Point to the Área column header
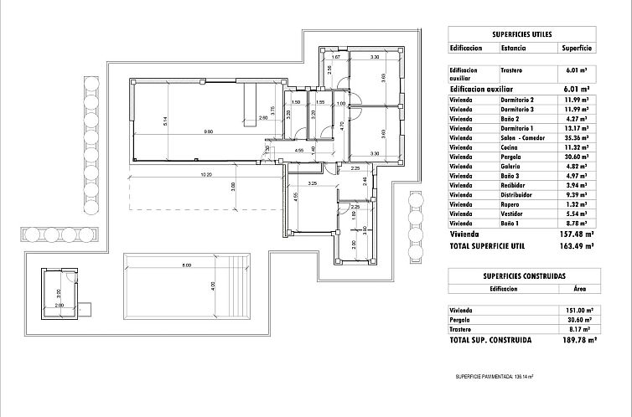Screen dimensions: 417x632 (x=578, y=287)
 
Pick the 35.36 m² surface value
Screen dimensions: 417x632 (x=576, y=136)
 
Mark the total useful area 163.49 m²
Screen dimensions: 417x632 (x=576, y=246)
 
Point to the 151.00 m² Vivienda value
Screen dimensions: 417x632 (x=576, y=311)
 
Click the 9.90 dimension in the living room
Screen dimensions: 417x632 (x=207, y=132)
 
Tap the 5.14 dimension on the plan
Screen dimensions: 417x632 (x=167, y=121)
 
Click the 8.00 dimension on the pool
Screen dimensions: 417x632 (x=186, y=265)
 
